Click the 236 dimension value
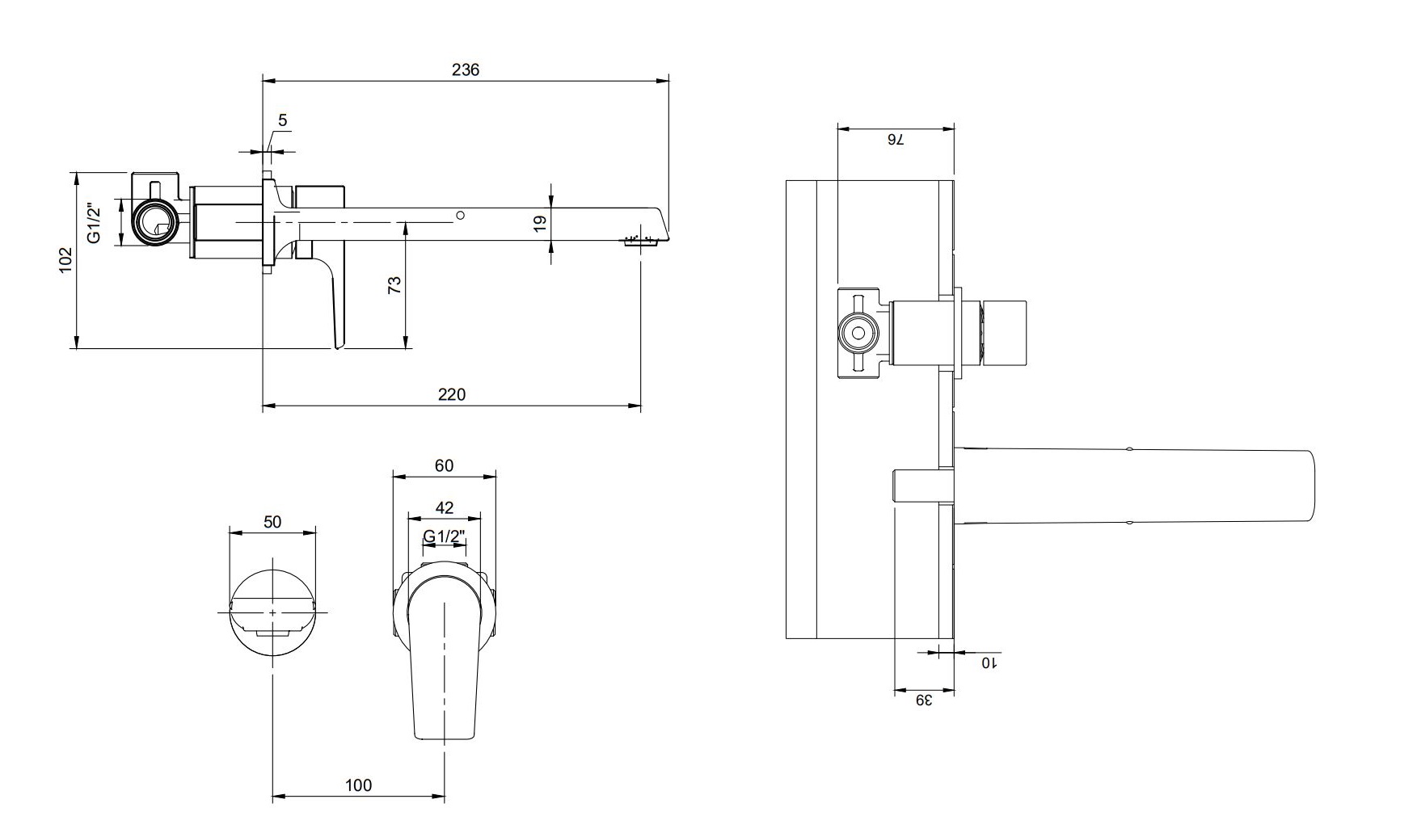pyautogui.click(x=466, y=69)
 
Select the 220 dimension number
pyautogui.click(x=452, y=394)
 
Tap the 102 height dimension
pyautogui.click(x=65, y=259)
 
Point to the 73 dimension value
pyautogui.click(x=394, y=284)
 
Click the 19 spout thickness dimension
pyautogui.click(x=541, y=222)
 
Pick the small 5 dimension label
pyautogui.click(x=283, y=120)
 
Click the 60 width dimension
pyautogui.click(x=444, y=465)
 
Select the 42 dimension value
pyautogui.click(x=444, y=507)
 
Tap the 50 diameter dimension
pyautogui.click(x=272, y=522)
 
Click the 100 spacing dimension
pyautogui.click(x=358, y=785)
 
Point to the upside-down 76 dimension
pyautogui.click(x=896, y=140)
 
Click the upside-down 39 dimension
pyautogui.click(x=924, y=700)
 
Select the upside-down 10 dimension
pyautogui.click(x=989, y=662)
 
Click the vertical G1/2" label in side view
pyautogui.click(x=95, y=222)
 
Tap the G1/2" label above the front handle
pyautogui.click(x=444, y=536)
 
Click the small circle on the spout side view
pyautogui.click(x=460, y=216)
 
